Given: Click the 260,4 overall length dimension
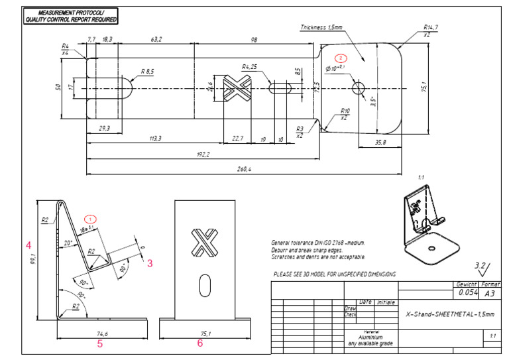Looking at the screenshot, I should (x=244, y=170).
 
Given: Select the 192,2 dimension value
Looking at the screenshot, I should (x=203, y=154).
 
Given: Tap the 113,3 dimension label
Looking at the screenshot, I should (x=156, y=139).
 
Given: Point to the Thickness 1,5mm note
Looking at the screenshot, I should (x=321, y=27).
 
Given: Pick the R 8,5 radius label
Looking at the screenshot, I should (x=148, y=71).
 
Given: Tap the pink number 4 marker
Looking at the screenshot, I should (x=28, y=245).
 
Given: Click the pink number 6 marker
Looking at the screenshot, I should (x=199, y=343).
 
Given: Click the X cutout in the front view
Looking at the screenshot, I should (x=203, y=243).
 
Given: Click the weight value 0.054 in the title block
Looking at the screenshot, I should (x=467, y=292).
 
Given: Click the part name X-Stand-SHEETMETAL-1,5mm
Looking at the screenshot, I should (x=449, y=315).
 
